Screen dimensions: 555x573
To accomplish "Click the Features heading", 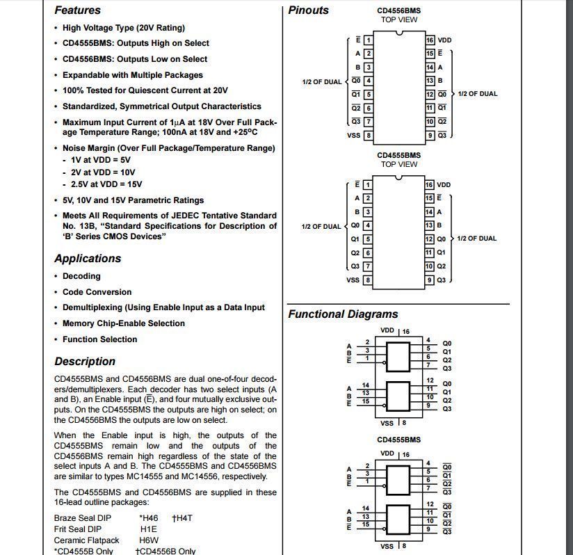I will click(x=77, y=10).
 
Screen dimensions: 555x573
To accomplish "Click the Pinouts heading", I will click(x=308, y=10).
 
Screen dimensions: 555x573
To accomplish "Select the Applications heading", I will click(x=88, y=259).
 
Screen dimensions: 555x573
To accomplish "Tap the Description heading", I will click(x=85, y=362).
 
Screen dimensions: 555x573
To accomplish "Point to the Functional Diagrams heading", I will click(x=343, y=314).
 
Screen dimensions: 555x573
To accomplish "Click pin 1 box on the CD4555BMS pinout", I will click(x=368, y=185).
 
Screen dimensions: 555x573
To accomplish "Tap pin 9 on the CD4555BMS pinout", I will click(x=430, y=280).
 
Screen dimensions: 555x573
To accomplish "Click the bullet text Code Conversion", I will click(x=97, y=292).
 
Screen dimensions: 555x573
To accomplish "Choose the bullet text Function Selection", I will click(x=99, y=339).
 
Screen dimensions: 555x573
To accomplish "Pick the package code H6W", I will click(x=149, y=540).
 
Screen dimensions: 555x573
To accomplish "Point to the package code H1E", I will click(x=148, y=529).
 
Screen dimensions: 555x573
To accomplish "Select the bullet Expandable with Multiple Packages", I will click(x=132, y=75).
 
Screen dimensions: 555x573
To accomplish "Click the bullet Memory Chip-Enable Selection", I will click(x=123, y=323).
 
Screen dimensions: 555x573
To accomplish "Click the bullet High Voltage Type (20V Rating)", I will click(x=123, y=28).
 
